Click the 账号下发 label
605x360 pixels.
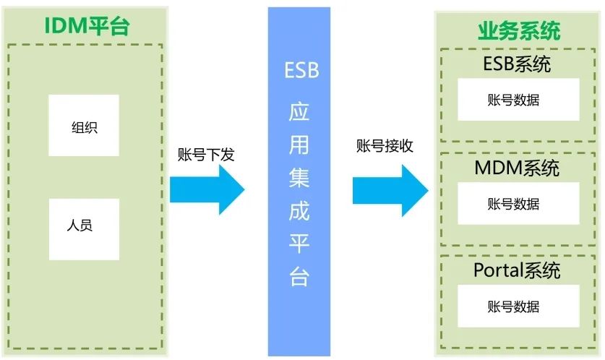205,154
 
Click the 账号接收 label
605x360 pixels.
385,145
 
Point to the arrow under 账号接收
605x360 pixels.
390,190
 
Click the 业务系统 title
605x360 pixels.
519,31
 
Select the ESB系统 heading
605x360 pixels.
517,64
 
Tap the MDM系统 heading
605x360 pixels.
517,168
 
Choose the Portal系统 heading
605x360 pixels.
517,271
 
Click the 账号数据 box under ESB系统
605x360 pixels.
518,100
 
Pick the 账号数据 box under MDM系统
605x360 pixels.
518,203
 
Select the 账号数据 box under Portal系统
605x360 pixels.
518,306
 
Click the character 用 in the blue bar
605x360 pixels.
299,145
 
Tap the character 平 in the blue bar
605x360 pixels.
299,245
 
